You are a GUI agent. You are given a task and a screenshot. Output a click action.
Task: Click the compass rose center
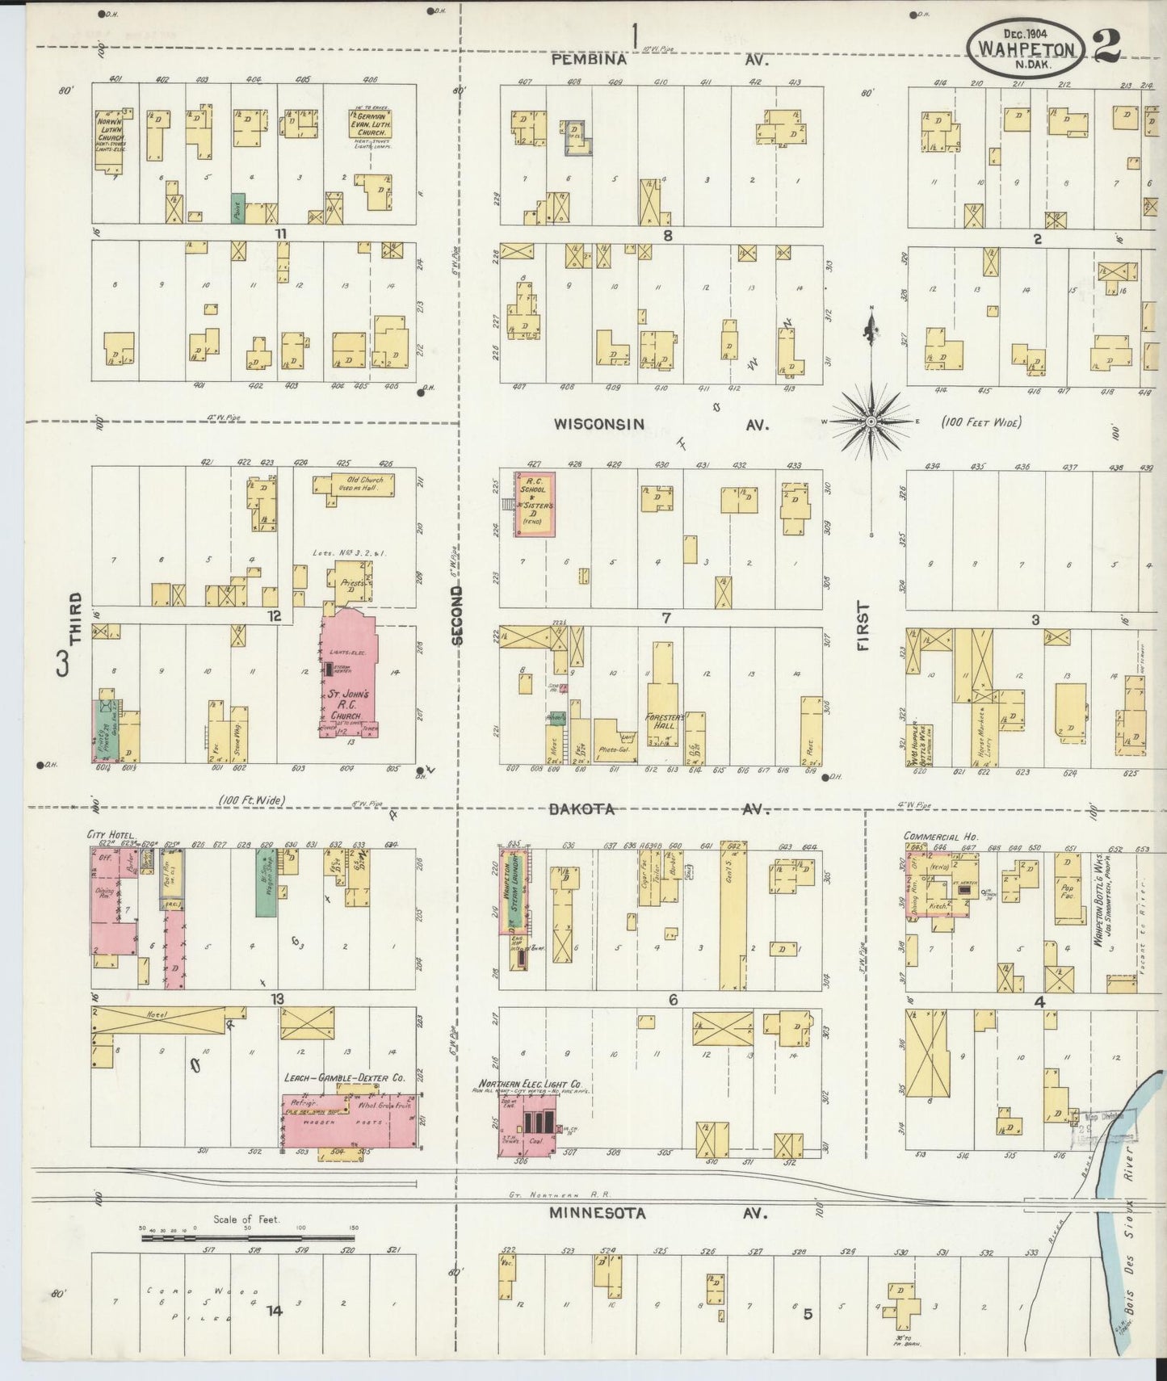[871, 422]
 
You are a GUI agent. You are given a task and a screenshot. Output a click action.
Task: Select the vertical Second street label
[458, 615]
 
